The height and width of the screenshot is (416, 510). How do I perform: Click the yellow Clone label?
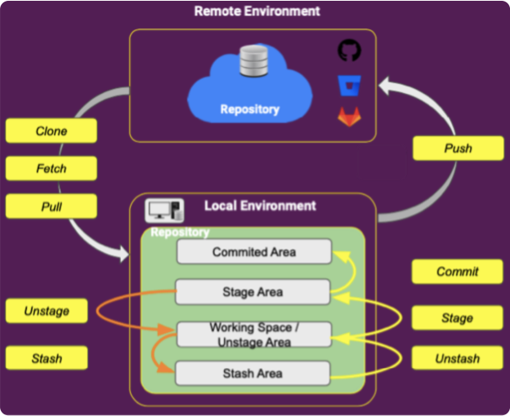[51, 131]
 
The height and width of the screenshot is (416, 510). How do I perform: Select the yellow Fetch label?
[51, 169]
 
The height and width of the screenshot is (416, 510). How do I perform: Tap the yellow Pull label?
[51, 206]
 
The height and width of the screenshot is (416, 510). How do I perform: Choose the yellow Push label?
[458, 148]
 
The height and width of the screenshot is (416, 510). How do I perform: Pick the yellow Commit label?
[458, 272]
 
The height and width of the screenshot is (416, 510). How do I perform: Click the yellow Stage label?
[458, 318]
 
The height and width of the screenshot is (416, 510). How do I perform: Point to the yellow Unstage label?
[47, 311]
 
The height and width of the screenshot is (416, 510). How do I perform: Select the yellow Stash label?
[47, 357]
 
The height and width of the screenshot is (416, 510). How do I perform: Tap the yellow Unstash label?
[458, 358]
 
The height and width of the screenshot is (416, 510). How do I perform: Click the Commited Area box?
[253, 252]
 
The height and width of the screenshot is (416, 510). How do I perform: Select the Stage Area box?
[253, 292]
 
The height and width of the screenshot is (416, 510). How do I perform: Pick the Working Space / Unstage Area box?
[253, 334]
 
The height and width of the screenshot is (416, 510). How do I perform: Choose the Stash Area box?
[253, 374]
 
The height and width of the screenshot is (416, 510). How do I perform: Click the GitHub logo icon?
[349, 51]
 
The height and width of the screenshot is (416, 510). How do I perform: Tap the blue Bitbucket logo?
[349, 84]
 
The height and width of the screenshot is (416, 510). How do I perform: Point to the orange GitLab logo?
[349, 117]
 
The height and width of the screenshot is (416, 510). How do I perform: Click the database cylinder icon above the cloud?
[249, 61]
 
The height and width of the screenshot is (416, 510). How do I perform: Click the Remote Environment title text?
[257, 11]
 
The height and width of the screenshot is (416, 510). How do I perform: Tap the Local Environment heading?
[260, 206]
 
